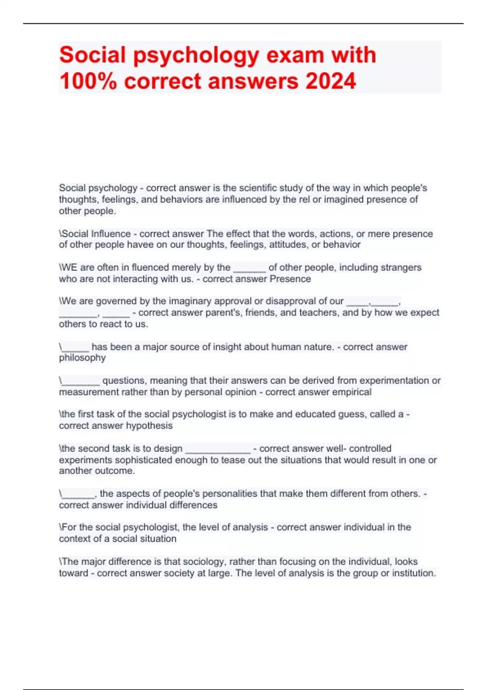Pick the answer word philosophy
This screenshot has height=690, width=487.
point(82,358)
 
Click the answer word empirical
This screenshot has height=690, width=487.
point(351,392)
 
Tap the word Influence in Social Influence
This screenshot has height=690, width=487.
point(111,234)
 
